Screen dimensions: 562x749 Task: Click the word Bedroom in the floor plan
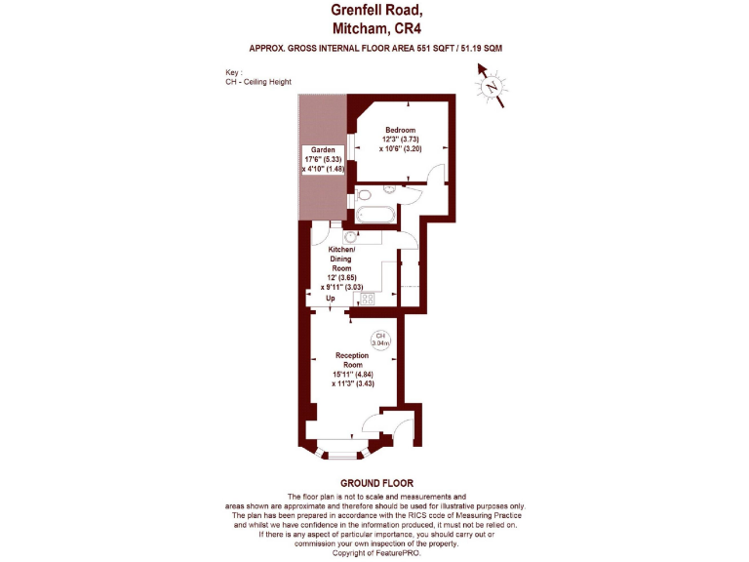pyautogui.click(x=400, y=131)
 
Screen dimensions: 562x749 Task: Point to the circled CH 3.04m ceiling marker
pyautogui.click(x=381, y=340)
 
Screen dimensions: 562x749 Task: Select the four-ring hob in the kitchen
pyautogui.click(x=356, y=301)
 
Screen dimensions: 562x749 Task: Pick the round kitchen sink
pyautogui.click(x=350, y=237)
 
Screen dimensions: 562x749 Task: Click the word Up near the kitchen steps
pyautogui.click(x=332, y=299)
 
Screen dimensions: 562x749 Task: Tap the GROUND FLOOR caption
pyautogui.click(x=376, y=483)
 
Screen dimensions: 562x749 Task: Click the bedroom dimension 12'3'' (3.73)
pyautogui.click(x=400, y=140)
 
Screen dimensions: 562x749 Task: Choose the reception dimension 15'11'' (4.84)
pyautogui.click(x=353, y=375)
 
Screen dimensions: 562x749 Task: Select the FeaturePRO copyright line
pyautogui.click(x=375, y=553)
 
